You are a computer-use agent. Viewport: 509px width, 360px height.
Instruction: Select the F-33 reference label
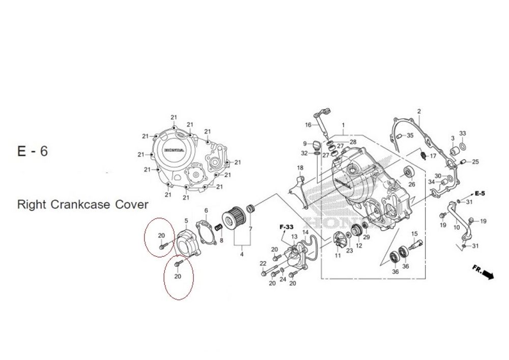coord(287,226)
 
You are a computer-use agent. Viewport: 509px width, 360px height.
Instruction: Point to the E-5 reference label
coord(480,193)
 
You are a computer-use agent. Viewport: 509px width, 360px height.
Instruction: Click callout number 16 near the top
coord(308,125)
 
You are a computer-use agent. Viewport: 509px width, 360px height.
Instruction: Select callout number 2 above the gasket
coord(419,111)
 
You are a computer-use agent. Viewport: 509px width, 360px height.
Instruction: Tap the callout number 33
coord(462,133)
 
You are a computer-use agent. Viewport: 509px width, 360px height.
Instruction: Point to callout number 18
coord(300,168)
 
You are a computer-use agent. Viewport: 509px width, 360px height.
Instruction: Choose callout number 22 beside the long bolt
coord(263,263)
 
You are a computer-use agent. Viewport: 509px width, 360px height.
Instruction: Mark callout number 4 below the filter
coord(242,255)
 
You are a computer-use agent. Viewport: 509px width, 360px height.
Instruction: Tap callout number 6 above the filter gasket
coord(206,210)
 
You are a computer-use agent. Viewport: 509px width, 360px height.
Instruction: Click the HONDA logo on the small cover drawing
coord(174,150)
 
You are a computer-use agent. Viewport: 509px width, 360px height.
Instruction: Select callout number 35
coord(410,135)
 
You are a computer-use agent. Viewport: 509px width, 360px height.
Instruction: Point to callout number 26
coord(412,184)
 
